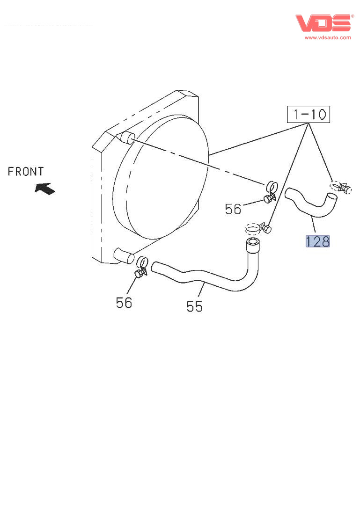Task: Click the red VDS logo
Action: [323, 23]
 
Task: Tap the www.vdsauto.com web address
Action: [328, 37]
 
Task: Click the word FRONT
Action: [26, 171]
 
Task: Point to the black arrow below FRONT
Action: [45, 189]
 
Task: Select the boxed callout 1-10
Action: [309, 114]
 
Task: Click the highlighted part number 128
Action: [317, 241]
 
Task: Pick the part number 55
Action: [195, 306]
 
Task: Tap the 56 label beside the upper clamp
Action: [233, 209]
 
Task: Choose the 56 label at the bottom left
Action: [124, 303]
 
